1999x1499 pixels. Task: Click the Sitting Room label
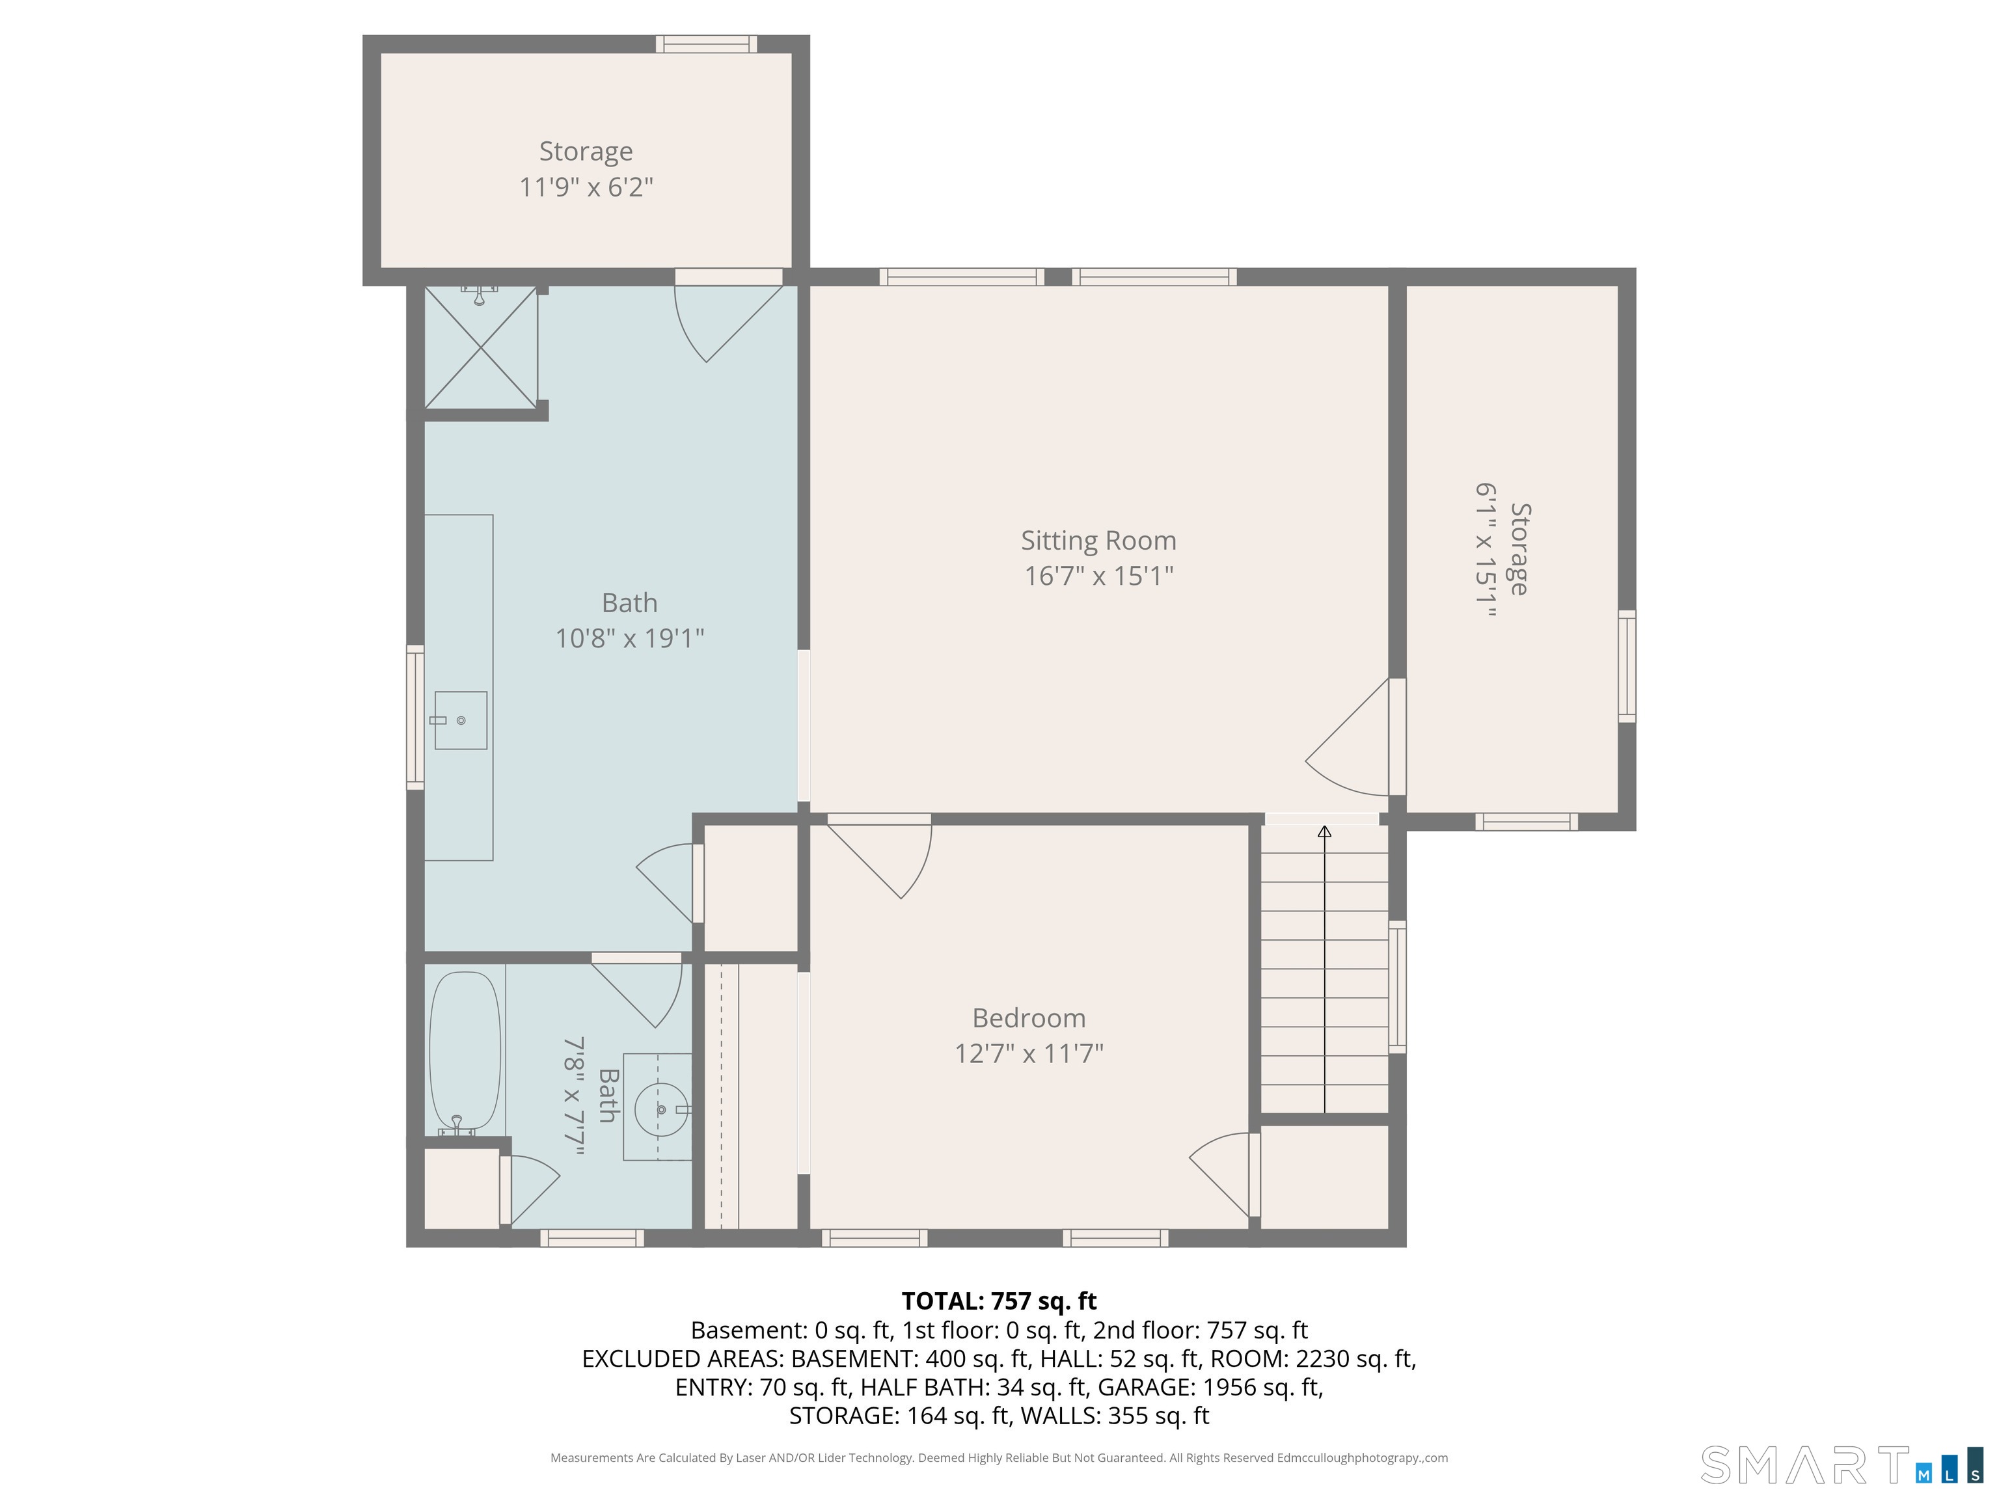tap(1098, 540)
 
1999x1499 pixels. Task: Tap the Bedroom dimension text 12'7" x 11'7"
tap(1029, 1053)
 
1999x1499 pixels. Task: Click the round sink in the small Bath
tap(660, 1109)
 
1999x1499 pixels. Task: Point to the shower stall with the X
tap(481, 347)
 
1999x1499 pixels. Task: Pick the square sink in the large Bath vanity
tap(461, 720)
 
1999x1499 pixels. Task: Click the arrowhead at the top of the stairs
tap(1325, 831)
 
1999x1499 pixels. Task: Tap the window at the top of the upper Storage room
tap(707, 44)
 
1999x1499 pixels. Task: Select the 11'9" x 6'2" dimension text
tap(586, 187)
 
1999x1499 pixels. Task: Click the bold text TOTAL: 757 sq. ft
tap(999, 1301)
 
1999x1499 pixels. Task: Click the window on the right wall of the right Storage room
tap(1627, 666)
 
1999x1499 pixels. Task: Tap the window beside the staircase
tap(1397, 987)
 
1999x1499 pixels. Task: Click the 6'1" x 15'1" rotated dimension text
tap(1486, 549)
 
